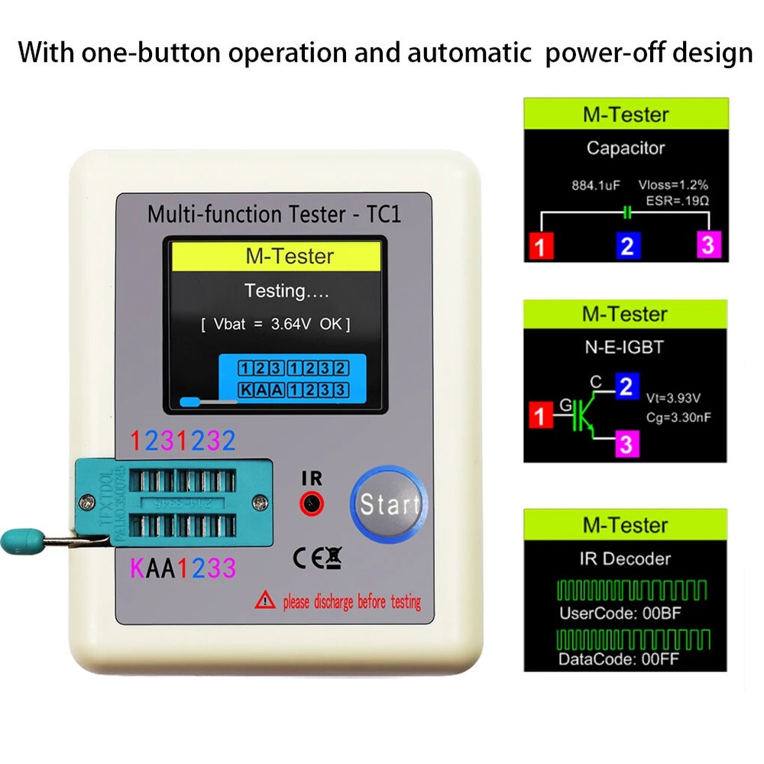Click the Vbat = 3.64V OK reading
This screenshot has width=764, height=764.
pos(275,325)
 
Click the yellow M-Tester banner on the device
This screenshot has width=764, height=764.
pos(278,256)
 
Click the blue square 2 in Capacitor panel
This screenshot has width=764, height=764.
pos(626,246)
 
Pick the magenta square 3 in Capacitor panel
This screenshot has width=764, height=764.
pos(708,245)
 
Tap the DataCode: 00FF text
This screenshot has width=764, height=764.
pos(609,659)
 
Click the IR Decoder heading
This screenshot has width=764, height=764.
pos(625,559)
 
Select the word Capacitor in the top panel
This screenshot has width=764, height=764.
pos(625,148)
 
